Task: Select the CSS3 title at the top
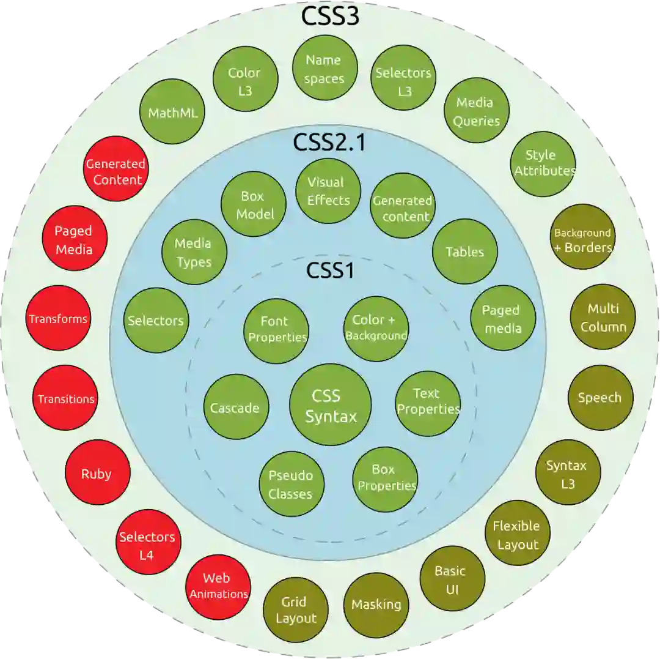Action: (x=329, y=17)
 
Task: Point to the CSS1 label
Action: (x=330, y=270)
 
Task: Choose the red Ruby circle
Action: (x=97, y=473)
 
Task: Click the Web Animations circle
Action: (x=218, y=586)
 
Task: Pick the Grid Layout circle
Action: (x=296, y=609)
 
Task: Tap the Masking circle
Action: (x=376, y=604)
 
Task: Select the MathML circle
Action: (x=173, y=113)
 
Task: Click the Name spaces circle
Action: (x=324, y=69)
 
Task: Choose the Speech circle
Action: (x=600, y=398)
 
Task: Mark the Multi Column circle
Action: (x=603, y=318)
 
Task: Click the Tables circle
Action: (x=464, y=251)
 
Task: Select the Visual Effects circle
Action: (x=328, y=191)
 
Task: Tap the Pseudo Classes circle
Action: (x=290, y=484)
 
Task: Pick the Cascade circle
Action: (x=235, y=408)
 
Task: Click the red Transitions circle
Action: (x=65, y=399)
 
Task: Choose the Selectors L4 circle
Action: (x=147, y=545)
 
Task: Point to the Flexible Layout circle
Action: (x=517, y=535)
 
